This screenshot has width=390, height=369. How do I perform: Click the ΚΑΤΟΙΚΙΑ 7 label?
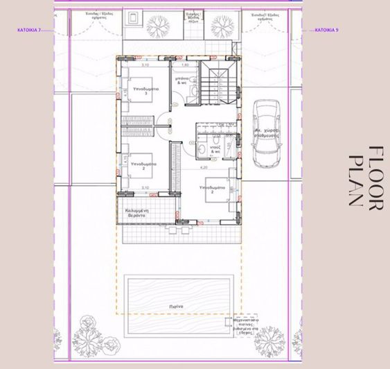[x=29, y=31]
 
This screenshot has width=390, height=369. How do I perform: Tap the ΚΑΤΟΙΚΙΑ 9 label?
[x=327, y=31]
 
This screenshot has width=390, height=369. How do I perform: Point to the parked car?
[x=266, y=134]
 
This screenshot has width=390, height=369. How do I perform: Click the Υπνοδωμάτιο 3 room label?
[x=147, y=92]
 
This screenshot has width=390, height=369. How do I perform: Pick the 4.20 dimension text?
[x=204, y=169]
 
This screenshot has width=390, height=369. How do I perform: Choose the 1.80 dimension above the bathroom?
[x=185, y=65]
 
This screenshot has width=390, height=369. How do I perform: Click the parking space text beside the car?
[x=266, y=133]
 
